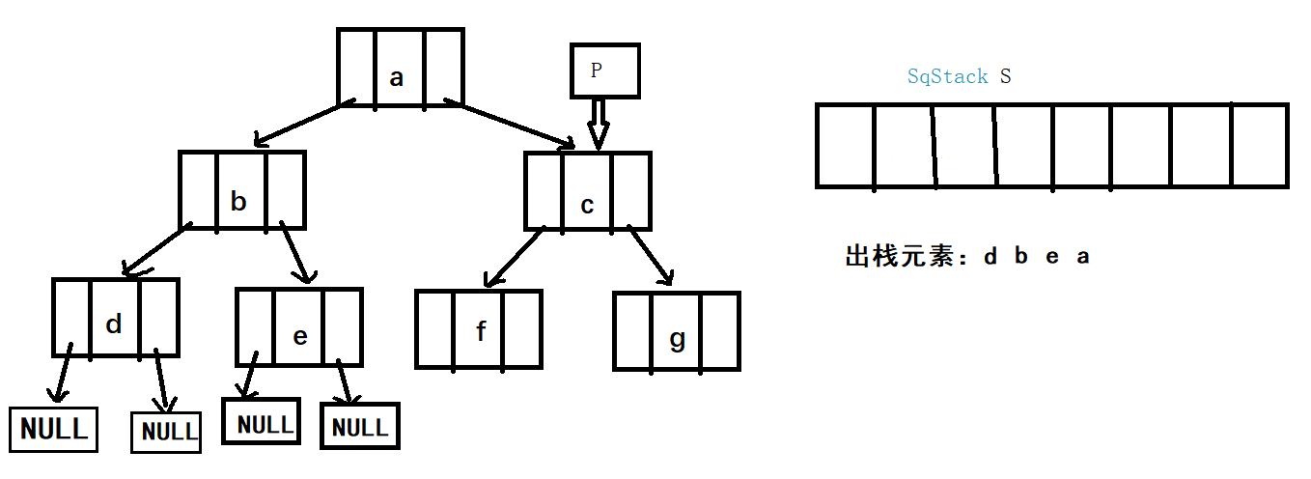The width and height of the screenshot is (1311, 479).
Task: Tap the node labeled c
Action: pos(587,190)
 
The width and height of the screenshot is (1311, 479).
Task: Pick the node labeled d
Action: pos(115,318)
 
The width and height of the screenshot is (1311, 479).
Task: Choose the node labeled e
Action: pos(299,326)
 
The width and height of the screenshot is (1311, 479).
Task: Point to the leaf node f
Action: pos(479,328)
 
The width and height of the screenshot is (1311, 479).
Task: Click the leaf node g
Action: pos(676,330)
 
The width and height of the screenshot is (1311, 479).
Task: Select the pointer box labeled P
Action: pos(604,70)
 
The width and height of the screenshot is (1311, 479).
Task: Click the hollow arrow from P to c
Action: pos(599,123)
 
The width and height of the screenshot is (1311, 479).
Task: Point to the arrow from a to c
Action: pos(512,123)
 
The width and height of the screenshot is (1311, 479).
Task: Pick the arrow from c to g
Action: pos(651,256)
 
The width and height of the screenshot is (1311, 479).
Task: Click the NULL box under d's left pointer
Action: pos(54,429)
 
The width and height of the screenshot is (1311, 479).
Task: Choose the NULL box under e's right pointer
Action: pos(359,427)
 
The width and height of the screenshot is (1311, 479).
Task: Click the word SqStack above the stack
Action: pos(947,76)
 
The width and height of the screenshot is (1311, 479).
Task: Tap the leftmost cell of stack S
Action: pos(846,145)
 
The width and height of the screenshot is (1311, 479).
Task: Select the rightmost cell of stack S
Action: pos(1259,145)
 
